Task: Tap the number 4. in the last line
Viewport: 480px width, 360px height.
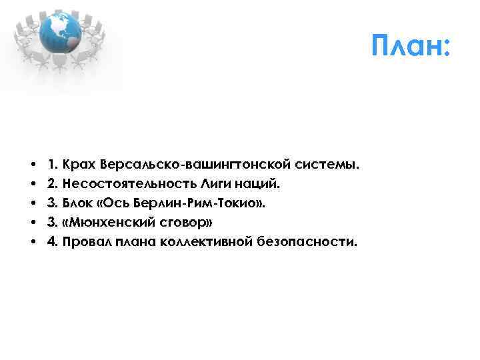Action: [51, 241]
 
